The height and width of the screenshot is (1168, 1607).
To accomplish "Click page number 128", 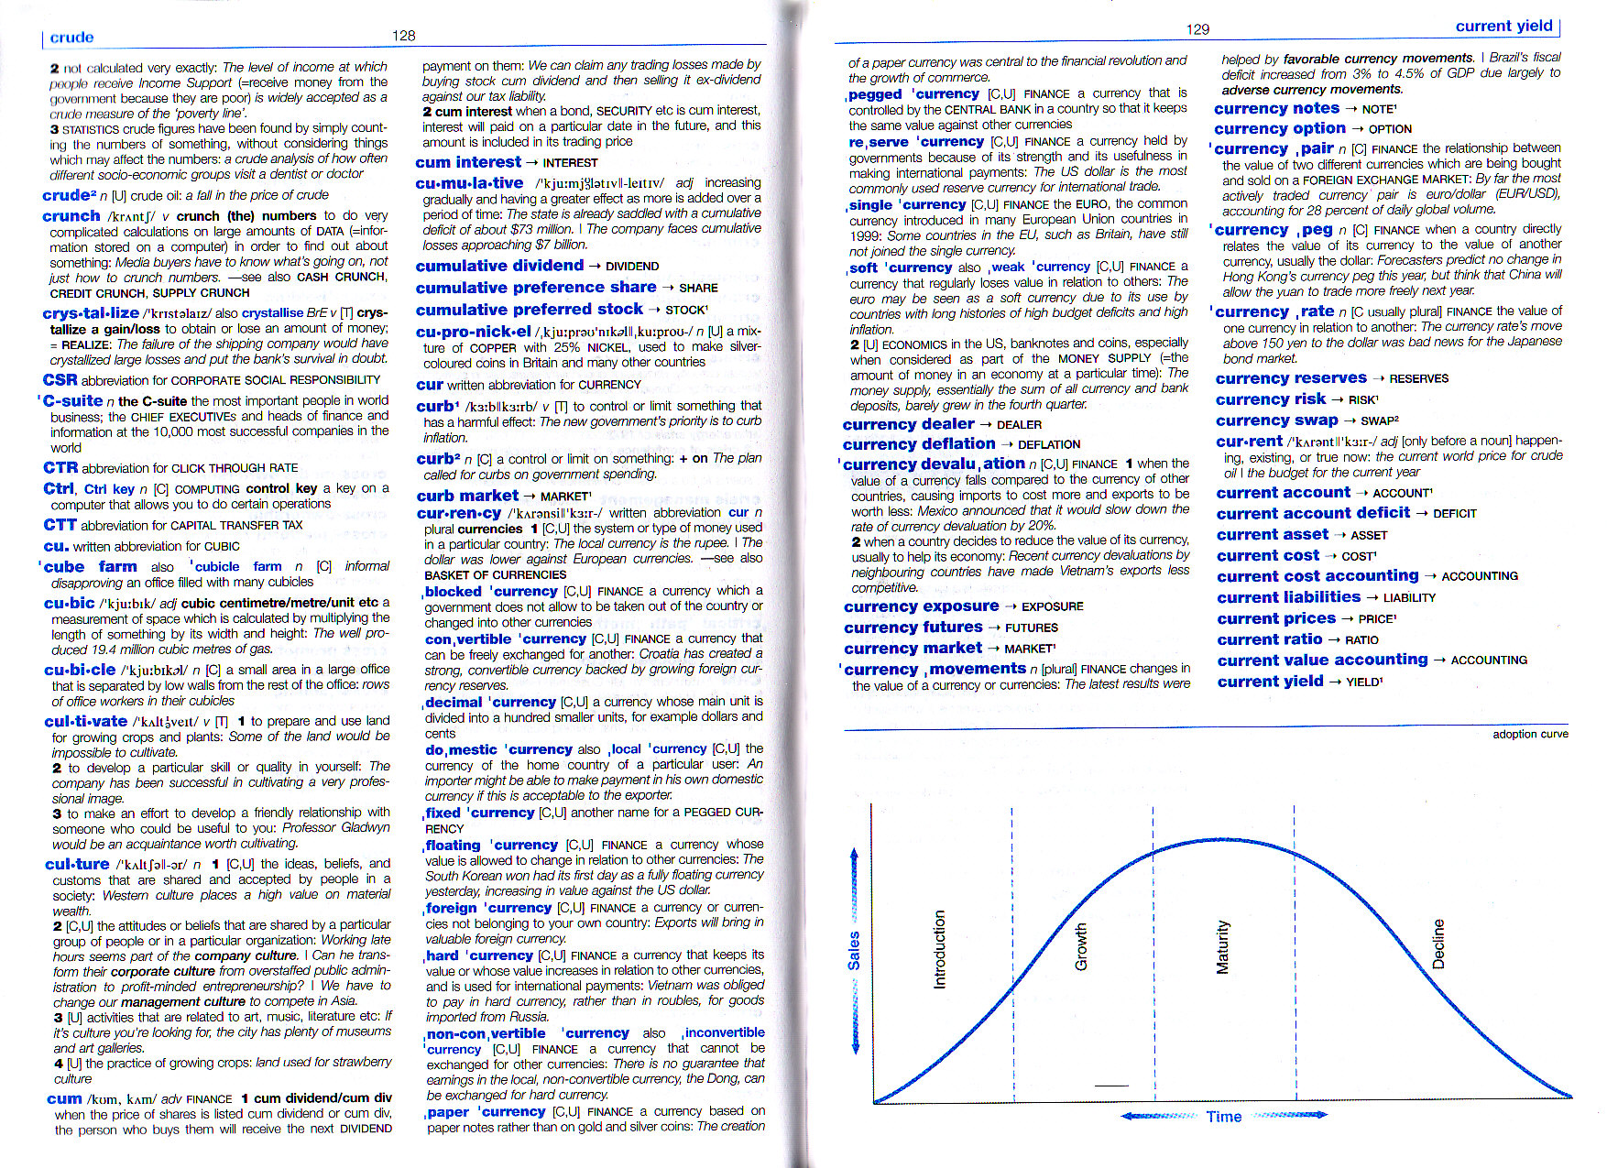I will pos(403,36).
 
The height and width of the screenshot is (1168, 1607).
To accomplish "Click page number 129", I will pos(1197,29).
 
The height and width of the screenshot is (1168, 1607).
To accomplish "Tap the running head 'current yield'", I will pos(1503,27).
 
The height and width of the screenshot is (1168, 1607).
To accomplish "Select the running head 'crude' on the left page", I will pos(71,38).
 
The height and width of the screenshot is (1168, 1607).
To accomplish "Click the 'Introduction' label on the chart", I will pos(938,949).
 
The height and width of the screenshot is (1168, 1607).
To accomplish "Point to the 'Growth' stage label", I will pos(1080,947).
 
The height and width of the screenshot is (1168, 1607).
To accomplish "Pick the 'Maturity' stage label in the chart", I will pos(1221,947).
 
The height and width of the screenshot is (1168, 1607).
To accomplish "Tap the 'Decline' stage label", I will pos(1438,944).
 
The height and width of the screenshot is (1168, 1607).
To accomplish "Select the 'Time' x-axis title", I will pos(1223,1117).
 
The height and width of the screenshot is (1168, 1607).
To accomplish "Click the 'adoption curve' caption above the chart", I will pos(1530,734).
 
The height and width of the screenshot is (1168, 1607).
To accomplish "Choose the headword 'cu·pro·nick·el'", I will pos(473,332).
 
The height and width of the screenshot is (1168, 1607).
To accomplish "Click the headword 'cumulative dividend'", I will pos(499,266).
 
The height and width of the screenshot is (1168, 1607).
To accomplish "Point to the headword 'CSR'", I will pos(60,380).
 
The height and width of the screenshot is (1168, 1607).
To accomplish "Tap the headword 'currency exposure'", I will pos(921,606).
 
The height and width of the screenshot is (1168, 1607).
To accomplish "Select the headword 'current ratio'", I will pos(1269,639).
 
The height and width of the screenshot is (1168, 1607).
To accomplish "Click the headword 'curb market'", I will pos(467,496).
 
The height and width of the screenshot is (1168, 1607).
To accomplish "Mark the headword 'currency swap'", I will pos(1276,420).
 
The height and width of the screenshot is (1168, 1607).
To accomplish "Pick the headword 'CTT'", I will pos(60,525).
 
